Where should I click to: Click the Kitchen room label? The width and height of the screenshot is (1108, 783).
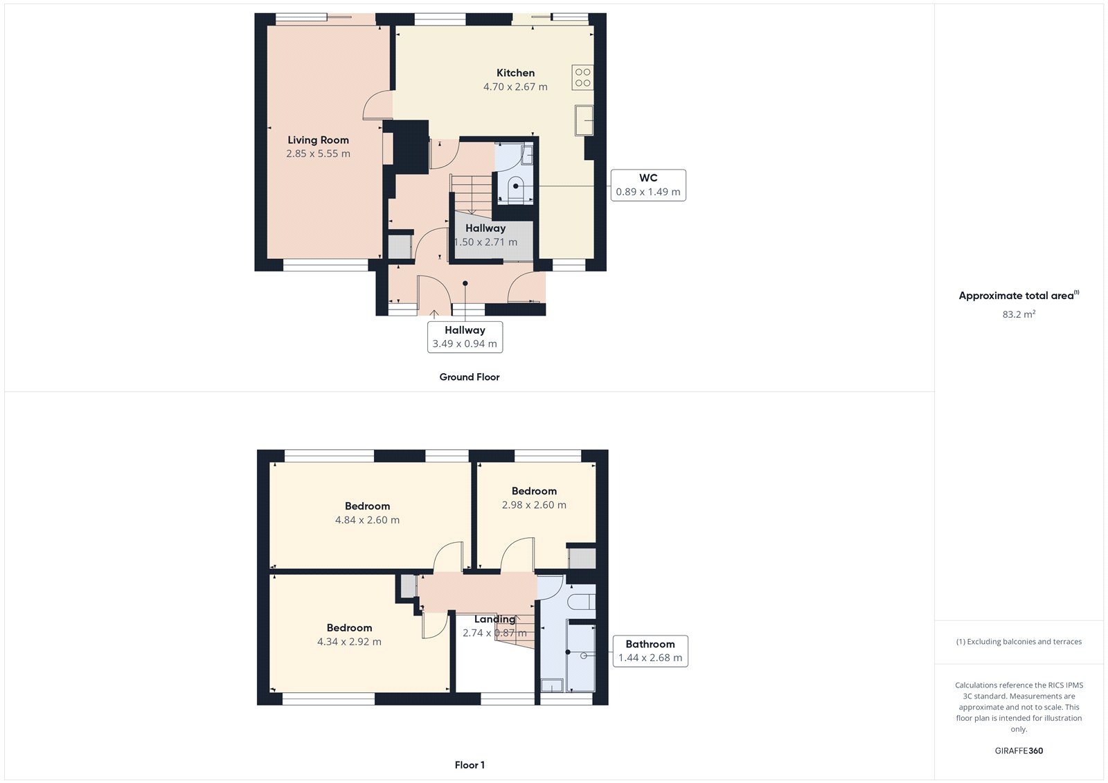(515, 73)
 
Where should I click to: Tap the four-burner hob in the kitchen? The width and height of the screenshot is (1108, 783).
(582, 78)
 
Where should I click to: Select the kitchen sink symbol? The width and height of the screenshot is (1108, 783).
(584, 120)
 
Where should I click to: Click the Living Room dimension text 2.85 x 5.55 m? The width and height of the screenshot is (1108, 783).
(318, 154)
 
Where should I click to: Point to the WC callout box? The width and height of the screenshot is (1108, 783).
(648, 185)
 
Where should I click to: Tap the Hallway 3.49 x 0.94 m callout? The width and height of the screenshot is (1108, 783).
(465, 337)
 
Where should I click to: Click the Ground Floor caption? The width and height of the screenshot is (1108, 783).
(469, 377)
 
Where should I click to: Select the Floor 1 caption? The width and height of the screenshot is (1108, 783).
(470, 765)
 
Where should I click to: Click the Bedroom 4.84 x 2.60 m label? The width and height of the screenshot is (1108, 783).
(367, 513)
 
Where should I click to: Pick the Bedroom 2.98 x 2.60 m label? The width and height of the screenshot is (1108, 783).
(534, 498)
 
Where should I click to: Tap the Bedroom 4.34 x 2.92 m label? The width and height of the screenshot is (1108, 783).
(349, 635)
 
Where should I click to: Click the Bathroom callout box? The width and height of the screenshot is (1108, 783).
(650, 651)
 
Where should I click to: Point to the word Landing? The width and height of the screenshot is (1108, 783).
(494, 619)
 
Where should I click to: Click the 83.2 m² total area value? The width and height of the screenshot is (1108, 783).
(1019, 314)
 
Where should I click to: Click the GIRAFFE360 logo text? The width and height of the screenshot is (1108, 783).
(1019, 750)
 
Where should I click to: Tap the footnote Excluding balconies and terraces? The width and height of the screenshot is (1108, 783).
(1019, 642)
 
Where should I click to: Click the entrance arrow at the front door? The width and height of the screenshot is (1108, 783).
(434, 314)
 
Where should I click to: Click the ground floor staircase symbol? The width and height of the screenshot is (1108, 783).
(471, 193)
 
